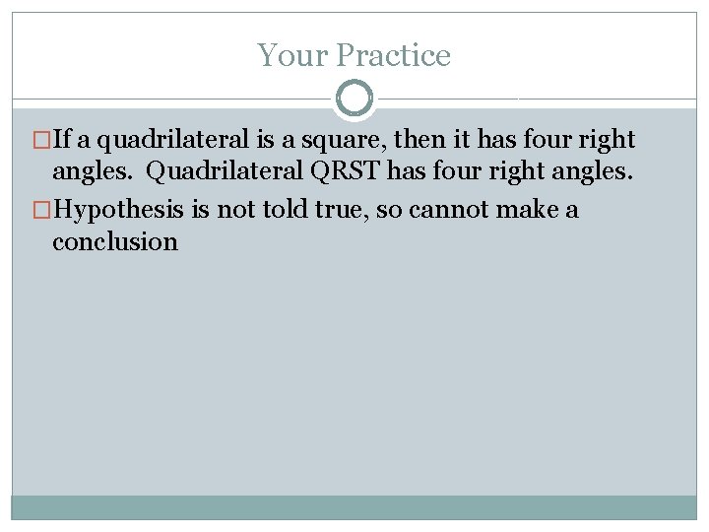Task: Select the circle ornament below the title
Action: [354, 99]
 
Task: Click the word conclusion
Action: [115, 242]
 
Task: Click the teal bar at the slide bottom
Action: [354, 507]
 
